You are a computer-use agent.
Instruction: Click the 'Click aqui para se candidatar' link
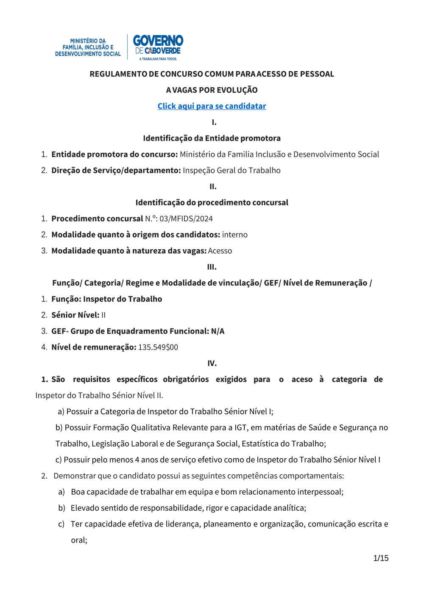click(x=212, y=106)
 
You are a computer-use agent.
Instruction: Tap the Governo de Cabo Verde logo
click(x=158, y=47)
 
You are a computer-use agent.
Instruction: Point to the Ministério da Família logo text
click(x=88, y=47)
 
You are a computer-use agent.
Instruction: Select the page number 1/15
click(x=381, y=558)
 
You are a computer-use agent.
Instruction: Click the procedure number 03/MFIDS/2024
click(x=186, y=219)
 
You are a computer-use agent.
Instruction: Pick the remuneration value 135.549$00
click(x=158, y=347)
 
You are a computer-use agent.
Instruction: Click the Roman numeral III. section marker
click(x=212, y=267)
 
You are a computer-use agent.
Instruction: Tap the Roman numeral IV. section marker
click(x=212, y=364)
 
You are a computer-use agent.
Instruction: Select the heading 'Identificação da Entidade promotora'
click(x=212, y=138)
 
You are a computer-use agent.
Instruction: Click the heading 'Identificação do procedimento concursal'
click(x=212, y=203)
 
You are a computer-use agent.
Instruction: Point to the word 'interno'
click(x=235, y=235)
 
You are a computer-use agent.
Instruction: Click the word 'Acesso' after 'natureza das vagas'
click(x=220, y=251)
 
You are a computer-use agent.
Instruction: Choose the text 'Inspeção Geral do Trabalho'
click(x=232, y=171)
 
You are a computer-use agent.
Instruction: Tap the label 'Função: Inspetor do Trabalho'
click(x=107, y=299)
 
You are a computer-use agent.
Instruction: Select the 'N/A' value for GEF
click(x=218, y=331)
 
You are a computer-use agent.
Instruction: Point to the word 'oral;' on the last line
click(x=79, y=540)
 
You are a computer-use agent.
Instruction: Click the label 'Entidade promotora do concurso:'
click(x=114, y=154)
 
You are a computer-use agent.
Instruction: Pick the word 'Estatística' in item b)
click(x=262, y=444)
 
